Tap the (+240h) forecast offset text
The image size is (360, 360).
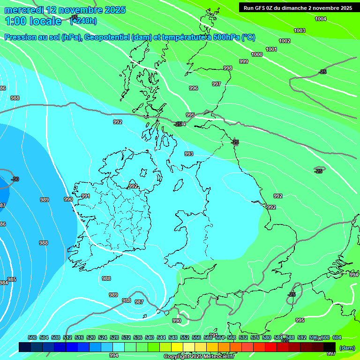(83, 21)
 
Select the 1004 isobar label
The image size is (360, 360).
(321, 19)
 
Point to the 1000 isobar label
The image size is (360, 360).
(257, 54)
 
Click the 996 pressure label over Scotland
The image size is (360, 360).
(194, 88)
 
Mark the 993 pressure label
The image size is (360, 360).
(189, 154)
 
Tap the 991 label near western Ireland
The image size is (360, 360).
(86, 196)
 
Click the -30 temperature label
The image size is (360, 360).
(15, 179)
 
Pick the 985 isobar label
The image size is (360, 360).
(12, 279)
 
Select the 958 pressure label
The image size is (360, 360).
(127, 300)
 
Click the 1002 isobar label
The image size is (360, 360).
(285, 41)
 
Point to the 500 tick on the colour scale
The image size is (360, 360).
(32, 337)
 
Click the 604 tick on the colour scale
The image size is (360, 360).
(337, 337)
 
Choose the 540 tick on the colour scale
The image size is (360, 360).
(150, 337)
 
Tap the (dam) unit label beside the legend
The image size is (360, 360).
(347, 347)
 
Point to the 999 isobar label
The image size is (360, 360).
(244, 61)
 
